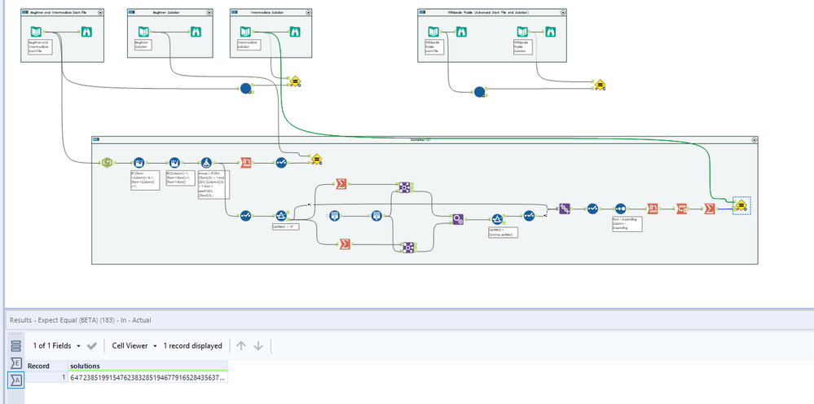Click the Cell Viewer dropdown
[134, 345]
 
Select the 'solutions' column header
[85, 366]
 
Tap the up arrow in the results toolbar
[241, 345]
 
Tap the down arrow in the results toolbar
[258, 345]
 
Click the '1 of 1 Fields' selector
[56, 345]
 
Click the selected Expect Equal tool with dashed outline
[741, 209]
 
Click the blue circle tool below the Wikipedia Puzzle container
[478, 90]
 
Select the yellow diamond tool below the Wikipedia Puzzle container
[599, 84]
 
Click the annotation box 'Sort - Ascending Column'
[627, 224]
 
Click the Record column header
[38, 366]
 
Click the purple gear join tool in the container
[458, 218]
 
